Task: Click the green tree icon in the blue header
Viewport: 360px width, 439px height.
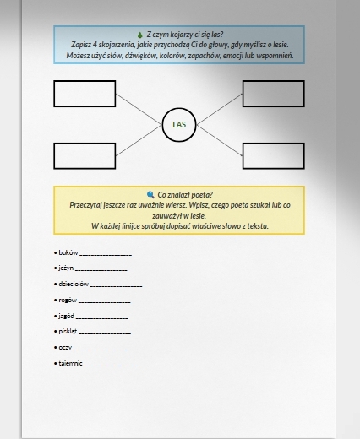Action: point(140,35)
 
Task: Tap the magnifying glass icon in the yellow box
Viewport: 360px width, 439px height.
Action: point(150,195)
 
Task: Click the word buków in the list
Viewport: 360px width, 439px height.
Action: point(68,252)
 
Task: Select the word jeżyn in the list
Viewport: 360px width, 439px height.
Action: point(66,268)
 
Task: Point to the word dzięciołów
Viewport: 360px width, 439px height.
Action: point(74,284)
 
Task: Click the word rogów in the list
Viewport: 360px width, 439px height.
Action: point(68,301)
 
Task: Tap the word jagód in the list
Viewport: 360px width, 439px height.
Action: point(67,316)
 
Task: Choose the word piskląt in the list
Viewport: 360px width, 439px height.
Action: point(68,332)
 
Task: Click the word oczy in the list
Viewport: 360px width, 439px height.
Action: point(65,348)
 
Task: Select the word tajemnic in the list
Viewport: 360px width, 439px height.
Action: point(70,363)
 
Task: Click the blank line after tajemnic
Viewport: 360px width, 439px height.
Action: point(110,366)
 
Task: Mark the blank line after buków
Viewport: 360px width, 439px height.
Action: point(106,255)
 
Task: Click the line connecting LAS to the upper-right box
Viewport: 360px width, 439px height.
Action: point(220,109)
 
